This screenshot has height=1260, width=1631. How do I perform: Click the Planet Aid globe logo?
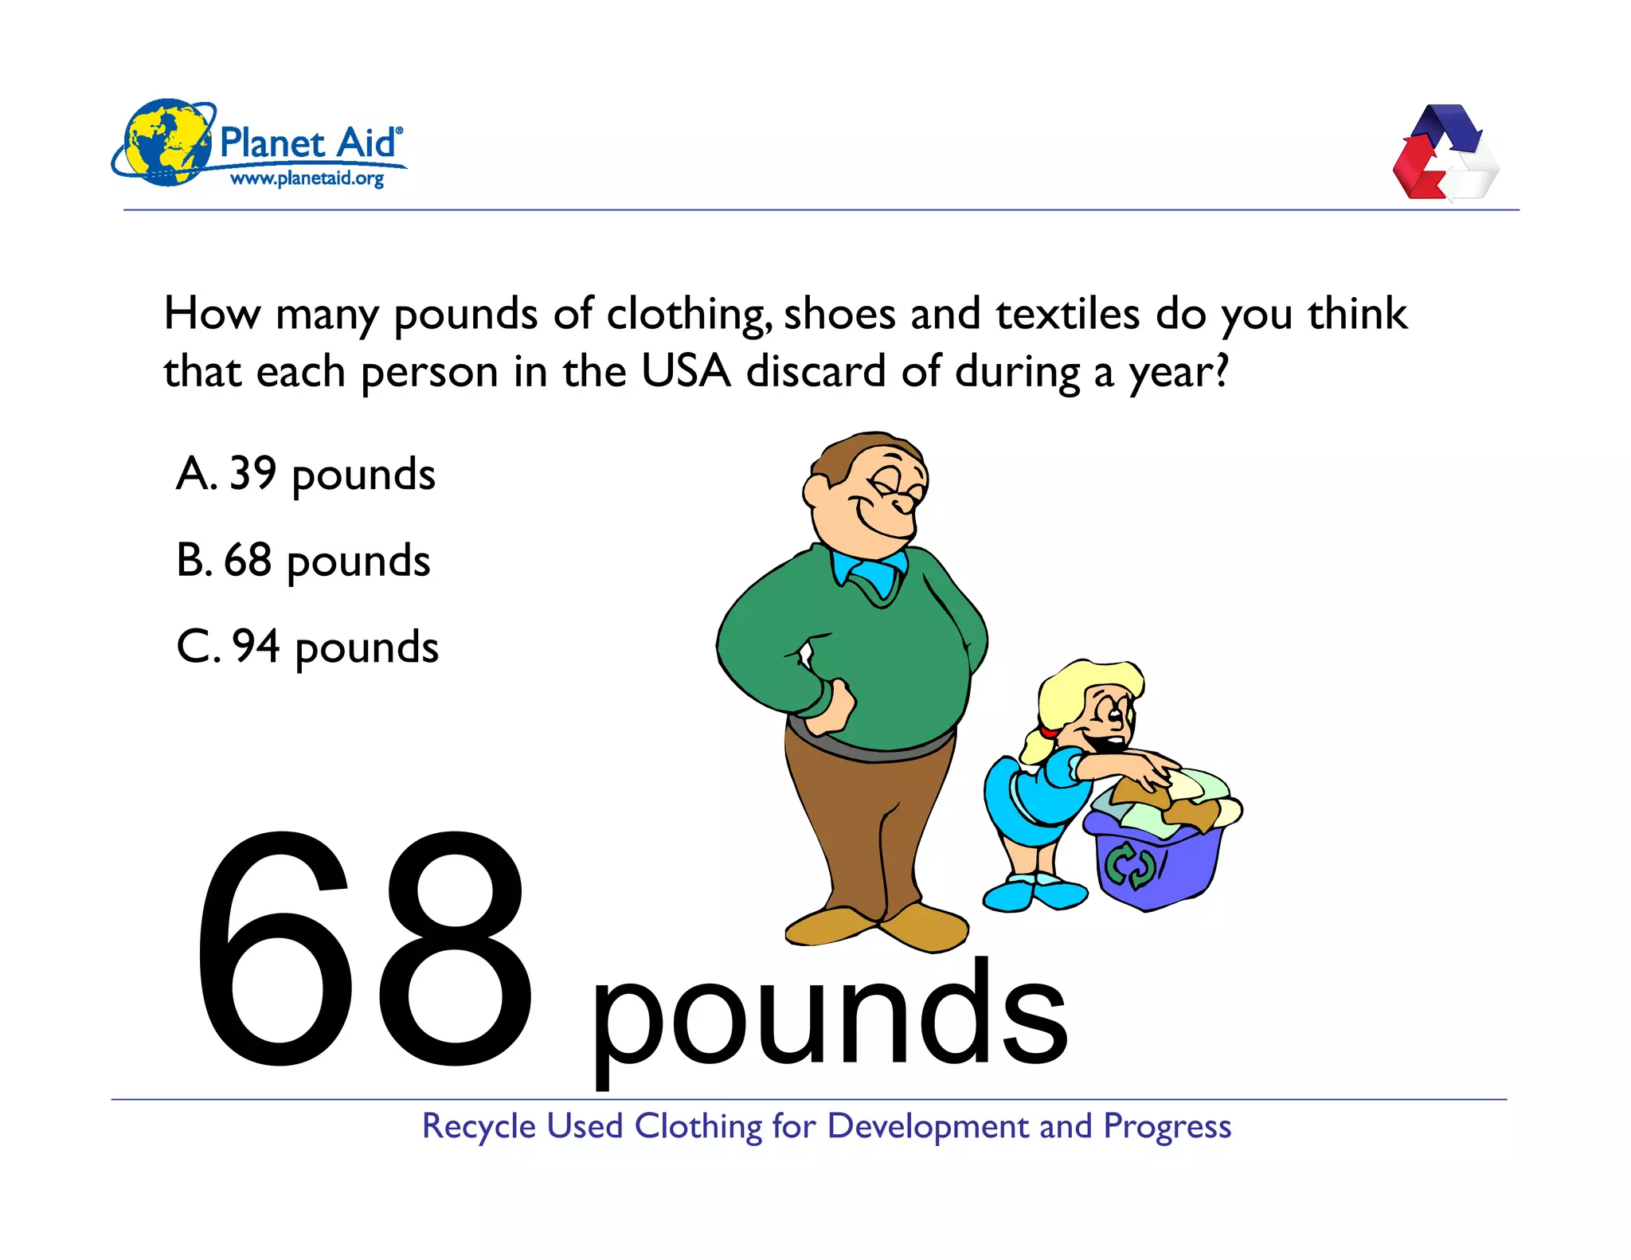(165, 143)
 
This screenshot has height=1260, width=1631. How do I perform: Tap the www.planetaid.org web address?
(307, 178)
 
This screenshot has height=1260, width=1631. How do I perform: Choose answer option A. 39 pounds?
(306, 475)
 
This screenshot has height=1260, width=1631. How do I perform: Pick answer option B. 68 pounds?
(303, 561)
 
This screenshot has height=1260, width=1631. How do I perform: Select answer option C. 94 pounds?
(307, 647)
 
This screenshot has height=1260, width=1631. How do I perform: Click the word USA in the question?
(686, 371)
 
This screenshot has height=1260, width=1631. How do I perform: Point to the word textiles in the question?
(1067, 313)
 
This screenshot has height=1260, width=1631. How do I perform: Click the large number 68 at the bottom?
(362, 948)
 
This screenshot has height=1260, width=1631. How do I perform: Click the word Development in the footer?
(928, 1126)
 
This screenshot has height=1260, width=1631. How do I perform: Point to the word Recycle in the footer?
(479, 1126)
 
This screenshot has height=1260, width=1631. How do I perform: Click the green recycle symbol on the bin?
(1130, 867)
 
